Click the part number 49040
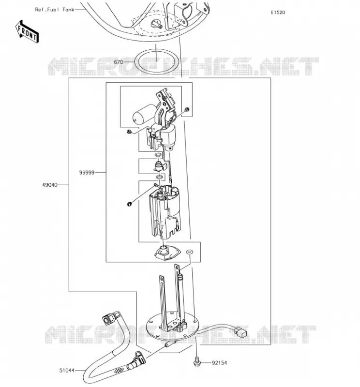point(50,185)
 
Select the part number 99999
point(87,173)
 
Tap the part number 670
point(118,62)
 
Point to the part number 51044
point(67,371)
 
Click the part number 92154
point(219,363)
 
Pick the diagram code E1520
point(278,13)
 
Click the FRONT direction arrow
point(27,31)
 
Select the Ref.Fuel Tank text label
point(55,10)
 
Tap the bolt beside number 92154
point(196,361)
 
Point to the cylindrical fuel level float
point(144,114)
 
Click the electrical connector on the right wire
point(240,332)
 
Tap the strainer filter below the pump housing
point(167,253)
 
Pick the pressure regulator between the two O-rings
point(159,166)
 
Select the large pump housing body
point(165,212)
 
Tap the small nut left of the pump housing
point(129,204)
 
